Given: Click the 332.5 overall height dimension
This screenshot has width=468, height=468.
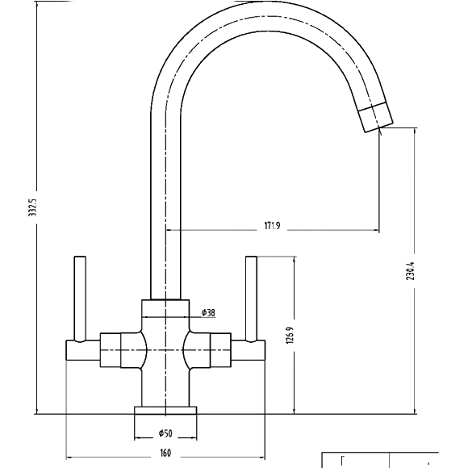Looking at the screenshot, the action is point(32,207).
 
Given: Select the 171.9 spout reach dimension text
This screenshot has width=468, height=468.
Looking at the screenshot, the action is point(272,226).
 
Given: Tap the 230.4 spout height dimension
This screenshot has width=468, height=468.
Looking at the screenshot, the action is point(411,270).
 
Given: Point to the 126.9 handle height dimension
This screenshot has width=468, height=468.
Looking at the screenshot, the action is point(290,335).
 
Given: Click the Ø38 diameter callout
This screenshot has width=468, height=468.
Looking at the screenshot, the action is point(208,313).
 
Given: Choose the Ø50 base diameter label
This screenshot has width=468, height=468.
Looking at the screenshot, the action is point(165,433).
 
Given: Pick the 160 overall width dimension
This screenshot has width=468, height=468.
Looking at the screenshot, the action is point(165,453).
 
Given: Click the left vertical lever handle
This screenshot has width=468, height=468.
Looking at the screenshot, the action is point(80,299).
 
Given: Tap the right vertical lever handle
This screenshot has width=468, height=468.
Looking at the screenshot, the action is point(251,299).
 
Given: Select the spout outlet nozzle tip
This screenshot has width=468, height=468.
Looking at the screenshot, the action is point(375,117).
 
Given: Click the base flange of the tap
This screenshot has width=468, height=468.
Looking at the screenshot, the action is point(165,411).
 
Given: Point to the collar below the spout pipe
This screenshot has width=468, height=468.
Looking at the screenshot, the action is point(165,308).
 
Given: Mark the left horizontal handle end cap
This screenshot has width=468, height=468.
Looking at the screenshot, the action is point(82,350).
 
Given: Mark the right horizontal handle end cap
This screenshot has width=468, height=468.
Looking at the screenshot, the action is point(248,350).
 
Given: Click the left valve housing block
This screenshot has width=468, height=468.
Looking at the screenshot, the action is point(111,350).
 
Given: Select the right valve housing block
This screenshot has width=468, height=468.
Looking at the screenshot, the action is point(220,350).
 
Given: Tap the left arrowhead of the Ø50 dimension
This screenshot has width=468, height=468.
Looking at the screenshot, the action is point(137,438).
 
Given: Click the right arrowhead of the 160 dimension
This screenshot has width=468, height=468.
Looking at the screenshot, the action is point(261,457).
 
